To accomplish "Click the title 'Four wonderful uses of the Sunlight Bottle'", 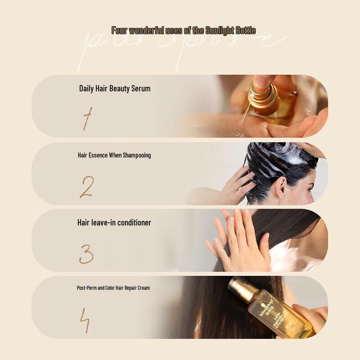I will pos(184,31).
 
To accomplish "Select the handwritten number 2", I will pos(86,187).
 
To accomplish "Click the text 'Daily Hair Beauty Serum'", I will pos(115,89).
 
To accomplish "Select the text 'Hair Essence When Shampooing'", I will pos(114,155).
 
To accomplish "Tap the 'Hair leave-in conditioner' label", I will pos(114,223).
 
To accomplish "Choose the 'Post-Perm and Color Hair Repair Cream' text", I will pos(113,288).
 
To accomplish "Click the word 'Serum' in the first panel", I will pos(141,89).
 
